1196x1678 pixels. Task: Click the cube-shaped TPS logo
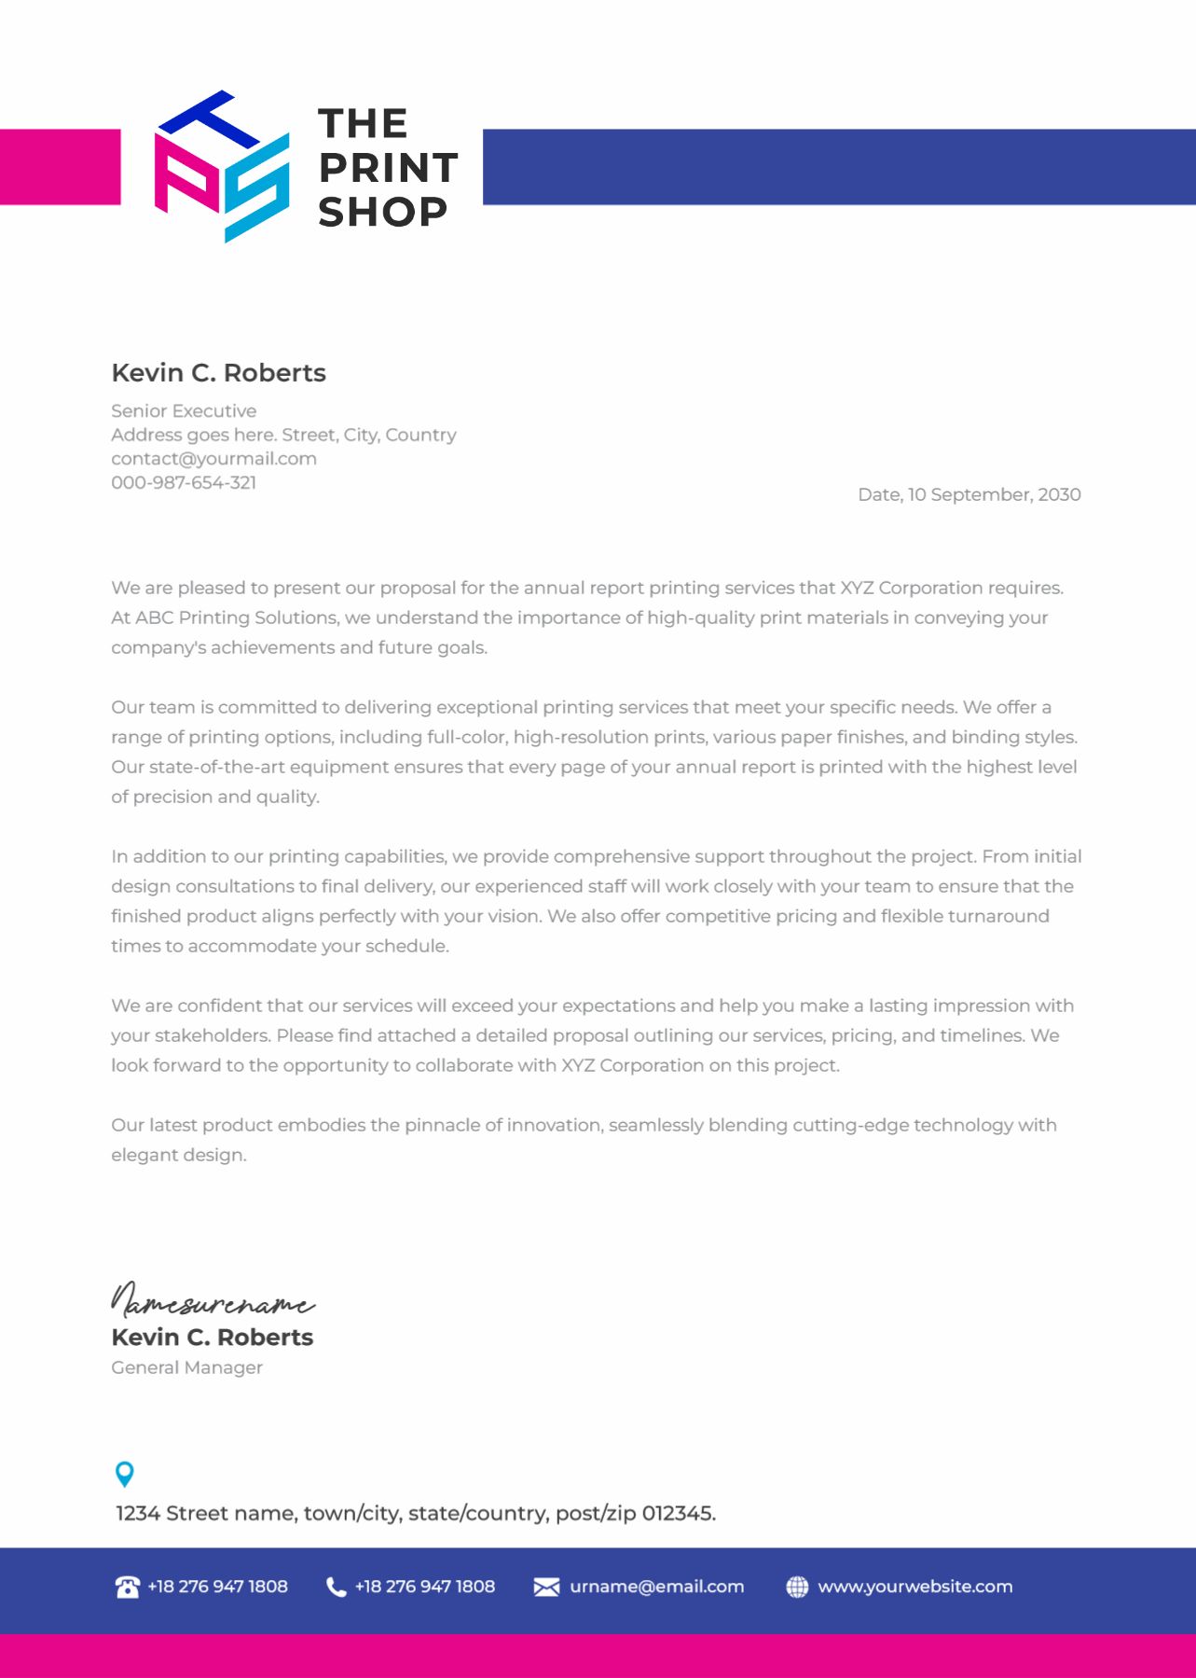pyautogui.click(x=222, y=166)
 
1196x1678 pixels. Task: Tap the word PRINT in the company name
pyautogui.click(x=388, y=168)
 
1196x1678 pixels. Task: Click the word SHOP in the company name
pyautogui.click(x=382, y=212)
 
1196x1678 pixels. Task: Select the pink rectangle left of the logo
pyautogui.click(x=60, y=166)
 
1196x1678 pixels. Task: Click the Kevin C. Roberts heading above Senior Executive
pyautogui.click(x=218, y=373)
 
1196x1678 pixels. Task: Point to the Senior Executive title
pyautogui.click(x=184, y=410)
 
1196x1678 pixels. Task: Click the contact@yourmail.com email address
pyautogui.click(x=213, y=459)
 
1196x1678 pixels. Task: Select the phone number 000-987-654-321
pyautogui.click(x=184, y=482)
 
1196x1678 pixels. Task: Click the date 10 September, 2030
pyautogui.click(x=994, y=494)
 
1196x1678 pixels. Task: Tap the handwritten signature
pyautogui.click(x=213, y=1299)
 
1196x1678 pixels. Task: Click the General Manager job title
pyautogui.click(x=186, y=1367)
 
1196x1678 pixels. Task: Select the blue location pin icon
pyautogui.click(x=124, y=1474)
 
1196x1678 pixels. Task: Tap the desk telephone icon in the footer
pyautogui.click(x=127, y=1587)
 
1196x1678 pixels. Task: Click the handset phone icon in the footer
pyautogui.click(x=336, y=1587)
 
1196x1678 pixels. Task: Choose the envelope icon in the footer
pyautogui.click(x=546, y=1587)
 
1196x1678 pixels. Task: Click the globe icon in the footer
pyautogui.click(x=797, y=1587)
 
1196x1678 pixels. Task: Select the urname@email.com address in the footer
pyautogui.click(x=656, y=1587)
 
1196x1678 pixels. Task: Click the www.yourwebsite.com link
pyautogui.click(x=914, y=1587)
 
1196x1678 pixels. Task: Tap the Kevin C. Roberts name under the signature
pyautogui.click(x=212, y=1338)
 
